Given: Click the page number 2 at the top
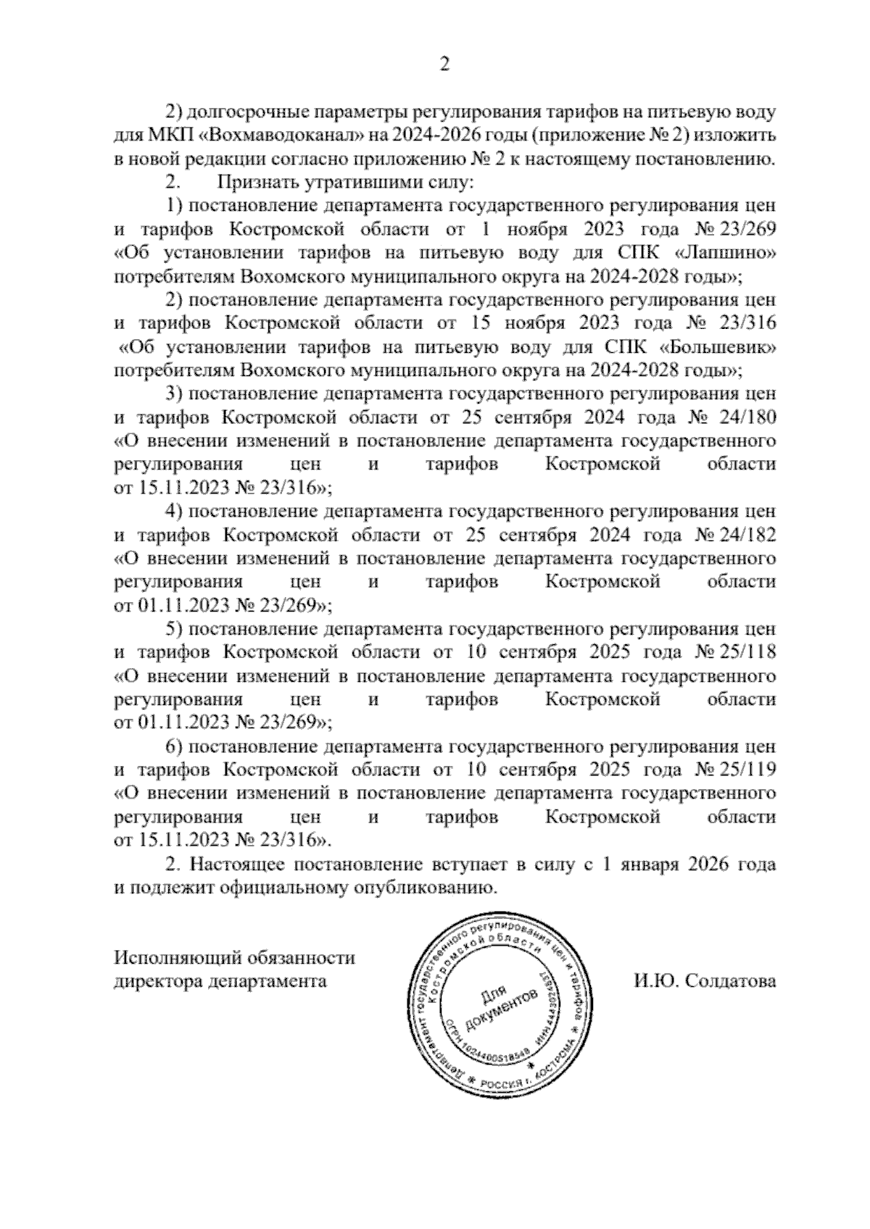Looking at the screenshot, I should click(x=444, y=65).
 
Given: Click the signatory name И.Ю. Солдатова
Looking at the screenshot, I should click(x=704, y=981).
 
